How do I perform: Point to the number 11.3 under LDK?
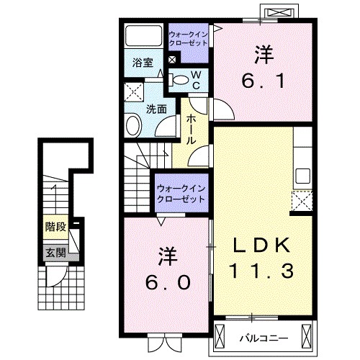[x=261, y=273]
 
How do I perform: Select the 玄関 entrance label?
[x=55, y=252]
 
